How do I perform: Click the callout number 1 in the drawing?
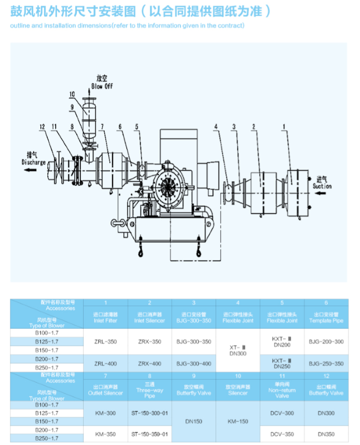pos(284,127)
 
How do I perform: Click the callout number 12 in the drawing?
pos(42,127)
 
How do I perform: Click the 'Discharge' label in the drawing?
pos(34,162)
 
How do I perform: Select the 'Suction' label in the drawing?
pos(322,186)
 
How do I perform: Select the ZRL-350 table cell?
pos(105,341)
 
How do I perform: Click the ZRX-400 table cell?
pos(150,364)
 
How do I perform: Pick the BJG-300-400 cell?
pos(193,364)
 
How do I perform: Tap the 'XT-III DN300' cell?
pos(238,350)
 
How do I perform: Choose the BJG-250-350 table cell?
pos(326,364)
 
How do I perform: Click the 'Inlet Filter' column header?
pos(105,317)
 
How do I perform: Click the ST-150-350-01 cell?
pos(150,434)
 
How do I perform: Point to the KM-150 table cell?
pos(238,421)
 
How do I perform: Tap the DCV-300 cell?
pos(282,413)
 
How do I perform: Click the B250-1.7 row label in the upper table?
pos(47,367)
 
